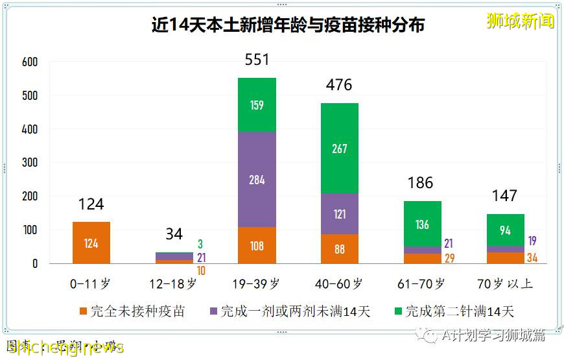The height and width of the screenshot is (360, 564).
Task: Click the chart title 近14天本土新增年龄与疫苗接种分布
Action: pyautogui.click(x=288, y=25)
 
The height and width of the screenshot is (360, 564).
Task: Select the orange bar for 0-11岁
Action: pyautogui.click(x=91, y=243)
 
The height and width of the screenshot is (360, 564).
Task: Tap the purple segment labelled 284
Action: pyautogui.click(x=257, y=179)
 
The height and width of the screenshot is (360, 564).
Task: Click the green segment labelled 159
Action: pyautogui.click(x=257, y=104)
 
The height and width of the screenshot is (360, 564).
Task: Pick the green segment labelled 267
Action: pyautogui.click(x=340, y=149)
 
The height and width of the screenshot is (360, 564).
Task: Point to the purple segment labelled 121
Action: pyautogui.click(x=340, y=213)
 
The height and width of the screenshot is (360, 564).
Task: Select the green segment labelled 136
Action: pyautogui.click(x=423, y=224)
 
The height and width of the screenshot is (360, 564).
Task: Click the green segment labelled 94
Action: pyautogui.click(x=505, y=230)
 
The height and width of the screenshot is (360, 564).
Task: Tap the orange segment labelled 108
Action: pyautogui.click(x=257, y=246)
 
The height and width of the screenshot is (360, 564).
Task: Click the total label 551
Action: pyautogui.click(x=257, y=60)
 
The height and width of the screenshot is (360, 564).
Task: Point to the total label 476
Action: pyautogui.click(x=339, y=85)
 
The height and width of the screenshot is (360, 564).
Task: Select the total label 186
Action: pyautogui.click(x=420, y=183)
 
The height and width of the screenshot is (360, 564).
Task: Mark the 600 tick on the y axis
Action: pyautogui.click(x=30, y=62)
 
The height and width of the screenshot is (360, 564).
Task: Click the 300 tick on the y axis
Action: pyautogui.click(x=30, y=163)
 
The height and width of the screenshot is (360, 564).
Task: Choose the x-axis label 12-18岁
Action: pyautogui.click(x=174, y=283)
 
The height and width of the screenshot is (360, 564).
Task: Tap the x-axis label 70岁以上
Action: pyautogui.click(x=505, y=283)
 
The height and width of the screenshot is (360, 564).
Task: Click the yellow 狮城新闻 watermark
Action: pyautogui.click(x=521, y=21)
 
